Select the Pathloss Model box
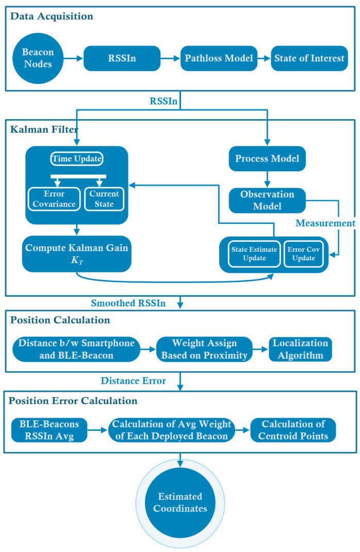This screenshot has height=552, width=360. point(219,58)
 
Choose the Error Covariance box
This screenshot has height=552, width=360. point(53,199)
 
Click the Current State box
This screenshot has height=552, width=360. point(104,199)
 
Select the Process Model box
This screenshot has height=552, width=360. point(267,159)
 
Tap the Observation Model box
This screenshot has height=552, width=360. point(267,200)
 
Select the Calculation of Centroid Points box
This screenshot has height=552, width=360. point(293,430)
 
